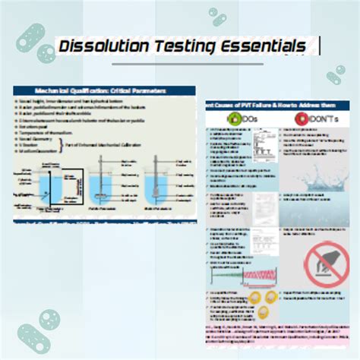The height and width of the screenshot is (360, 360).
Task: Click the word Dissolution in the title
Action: coord(105,47)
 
